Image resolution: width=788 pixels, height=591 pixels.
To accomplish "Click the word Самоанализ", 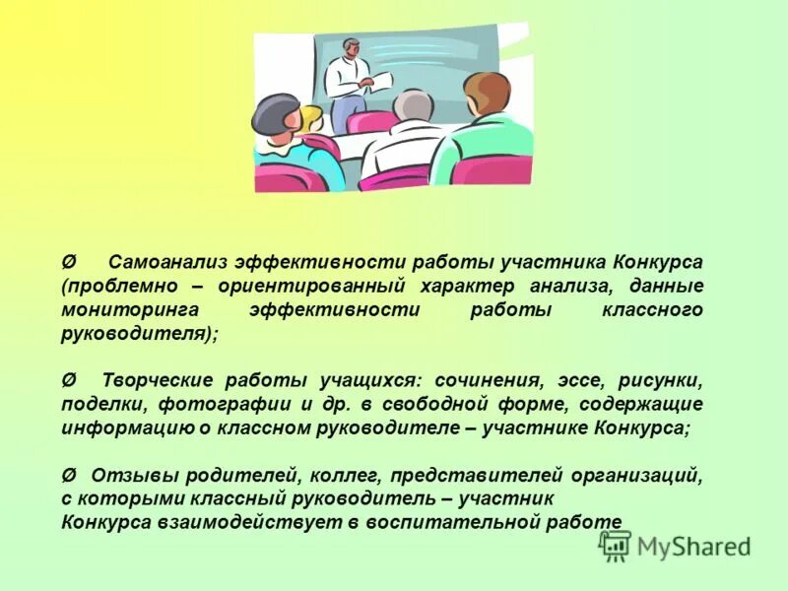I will click(168, 263).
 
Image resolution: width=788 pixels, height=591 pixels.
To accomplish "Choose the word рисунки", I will click(660, 380).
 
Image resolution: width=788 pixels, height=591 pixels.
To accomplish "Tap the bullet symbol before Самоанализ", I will click(67, 263).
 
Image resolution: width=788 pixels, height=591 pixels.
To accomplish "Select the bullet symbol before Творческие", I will click(67, 380).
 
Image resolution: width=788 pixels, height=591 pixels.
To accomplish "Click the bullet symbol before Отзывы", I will click(67, 474).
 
